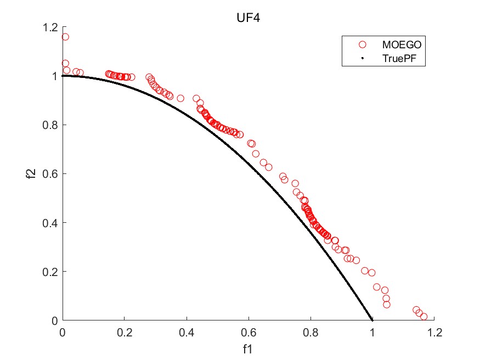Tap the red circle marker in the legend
(x=362, y=44)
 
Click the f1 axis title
(x=249, y=348)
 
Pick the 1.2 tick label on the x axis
(x=434, y=332)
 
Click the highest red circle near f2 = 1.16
(x=65, y=37)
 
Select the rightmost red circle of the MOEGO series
(x=423, y=317)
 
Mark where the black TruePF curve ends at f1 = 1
(x=372, y=319)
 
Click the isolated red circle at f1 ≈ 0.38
(x=180, y=98)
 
